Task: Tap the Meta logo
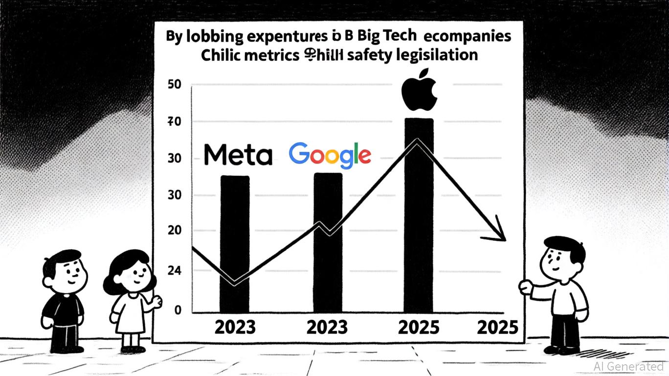[x=237, y=154]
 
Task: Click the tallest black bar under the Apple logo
[x=419, y=215]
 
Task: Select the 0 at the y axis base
[x=177, y=310]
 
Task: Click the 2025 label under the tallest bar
[x=419, y=327]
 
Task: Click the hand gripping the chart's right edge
[x=525, y=287]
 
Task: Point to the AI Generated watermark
[x=628, y=366]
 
